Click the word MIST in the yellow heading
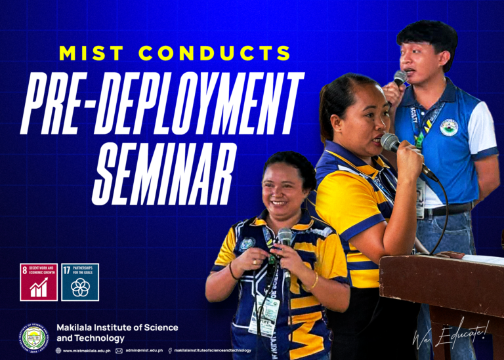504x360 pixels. pos(90,53)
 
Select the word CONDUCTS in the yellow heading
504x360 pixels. pos(217,53)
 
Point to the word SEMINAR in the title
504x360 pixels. pos(164,163)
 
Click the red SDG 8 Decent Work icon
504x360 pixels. pos(39,282)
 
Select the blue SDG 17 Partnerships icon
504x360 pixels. pos(80,282)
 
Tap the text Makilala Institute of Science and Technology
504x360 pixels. pos(117,332)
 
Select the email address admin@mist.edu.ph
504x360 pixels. pos(144,351)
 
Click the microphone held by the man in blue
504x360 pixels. pos(400,79)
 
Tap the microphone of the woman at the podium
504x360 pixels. pos(391,142)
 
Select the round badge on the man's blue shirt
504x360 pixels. pos(449,127)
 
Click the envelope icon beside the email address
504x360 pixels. pos(119,351)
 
